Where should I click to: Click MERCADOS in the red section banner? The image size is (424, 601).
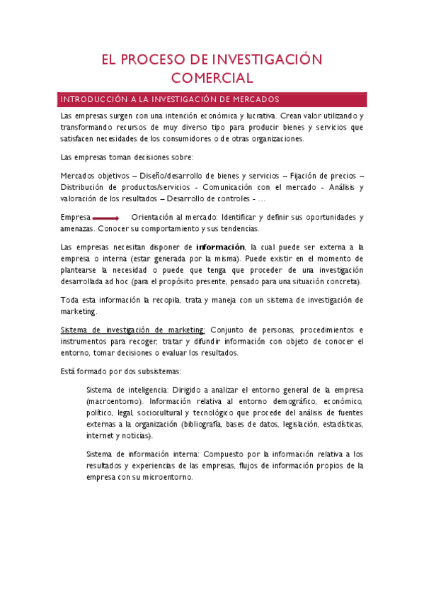point(252,99)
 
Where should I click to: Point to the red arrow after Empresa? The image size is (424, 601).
point(105,218)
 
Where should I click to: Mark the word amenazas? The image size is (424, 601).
point(77,228)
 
